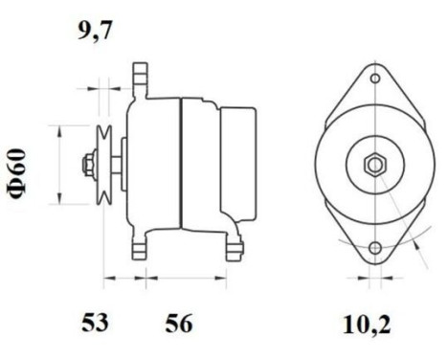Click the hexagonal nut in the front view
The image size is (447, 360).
pyautogui.click(x=372, y=164)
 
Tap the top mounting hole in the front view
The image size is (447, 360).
pyautogui.click(x=372, y=82)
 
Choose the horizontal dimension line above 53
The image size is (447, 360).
pyautogui.click(x=123, y=281)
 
